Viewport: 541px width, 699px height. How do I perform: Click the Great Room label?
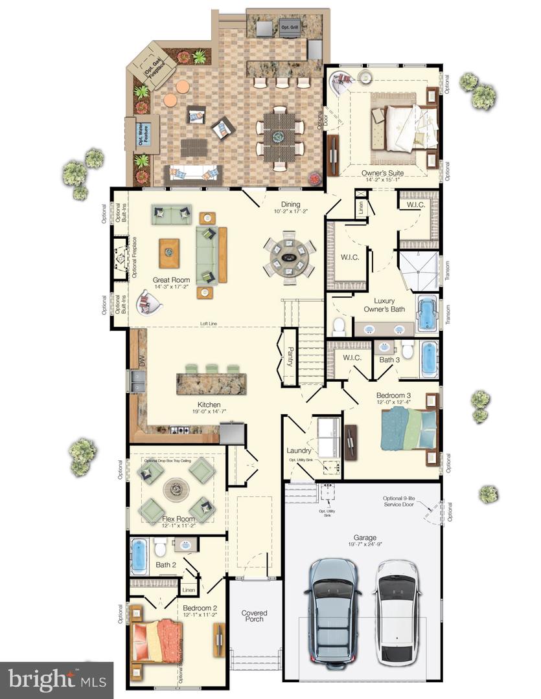(x=171, y=279)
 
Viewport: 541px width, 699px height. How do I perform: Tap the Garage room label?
(x=365, y=537)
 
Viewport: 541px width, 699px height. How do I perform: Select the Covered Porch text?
(x=255, y=617)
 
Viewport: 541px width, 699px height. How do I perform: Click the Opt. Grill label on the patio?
(x=288, y=28)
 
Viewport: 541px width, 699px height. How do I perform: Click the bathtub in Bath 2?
(x=140, y=555)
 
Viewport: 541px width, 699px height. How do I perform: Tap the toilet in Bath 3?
(x=408, y=350)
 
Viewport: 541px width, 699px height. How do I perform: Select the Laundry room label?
(x=299, y=450)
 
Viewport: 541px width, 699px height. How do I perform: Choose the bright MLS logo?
(x=56, y=680)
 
